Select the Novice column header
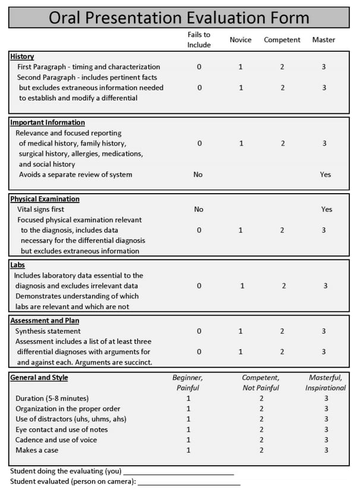coord(241,40)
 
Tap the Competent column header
coord(282,40)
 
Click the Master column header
coord(324,40)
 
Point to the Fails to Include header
coord(199,40)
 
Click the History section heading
coord(22,56)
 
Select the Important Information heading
coord(48,122)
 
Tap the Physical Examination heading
coord(45,199)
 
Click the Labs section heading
coord(18,265)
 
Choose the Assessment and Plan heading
coord(46,320)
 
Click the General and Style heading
coord(39,377)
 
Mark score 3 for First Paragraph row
coord(324,67)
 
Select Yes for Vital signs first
coord(327,209)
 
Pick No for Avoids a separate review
coord(198,175)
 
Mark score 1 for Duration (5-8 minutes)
coord(189,398)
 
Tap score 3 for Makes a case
coord(326,450)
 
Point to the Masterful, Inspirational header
coord(327,383)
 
